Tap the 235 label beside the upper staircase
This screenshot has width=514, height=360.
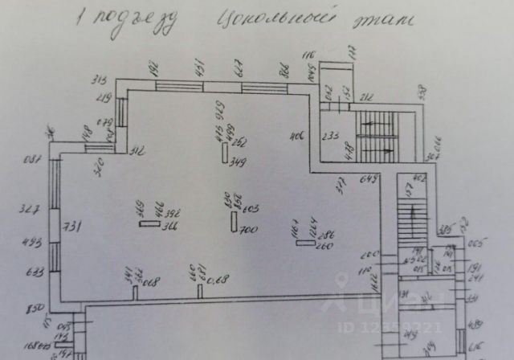[328, 136]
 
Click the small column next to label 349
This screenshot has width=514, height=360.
[225, 153]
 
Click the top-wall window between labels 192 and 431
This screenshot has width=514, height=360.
[179, 87]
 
